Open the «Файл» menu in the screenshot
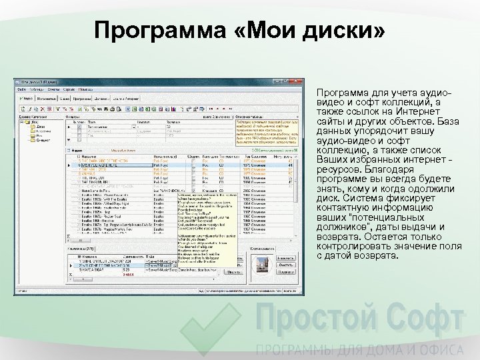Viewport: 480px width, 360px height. point(21,88)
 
